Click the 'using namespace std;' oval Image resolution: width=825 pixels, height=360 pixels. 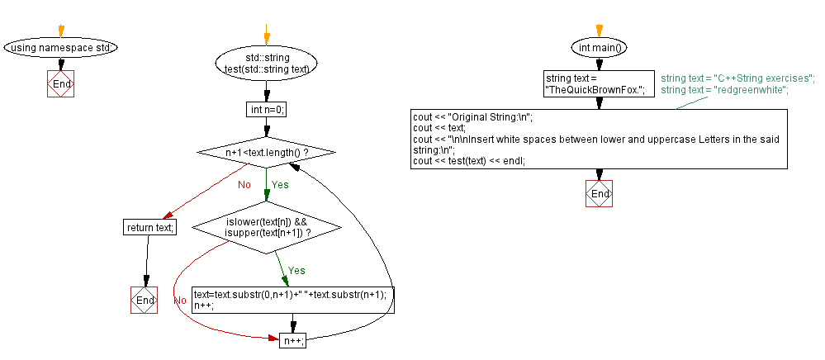tap(61, 47)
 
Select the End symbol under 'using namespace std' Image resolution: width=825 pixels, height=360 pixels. tap(61, 84)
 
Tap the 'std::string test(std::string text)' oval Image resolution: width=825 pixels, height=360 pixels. tap(266, 63)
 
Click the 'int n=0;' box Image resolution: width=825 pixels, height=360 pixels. tap(267, 109)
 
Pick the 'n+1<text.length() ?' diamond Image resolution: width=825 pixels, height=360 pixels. tap(267, 153)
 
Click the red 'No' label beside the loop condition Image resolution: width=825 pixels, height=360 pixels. tap(244, 184)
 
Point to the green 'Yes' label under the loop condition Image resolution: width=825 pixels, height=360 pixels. tap(280, 184)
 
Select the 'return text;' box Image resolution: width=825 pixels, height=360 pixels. tap(149, 227)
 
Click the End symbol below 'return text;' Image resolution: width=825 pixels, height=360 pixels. tap(145, 301)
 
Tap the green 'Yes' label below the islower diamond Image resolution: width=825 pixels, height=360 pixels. tap(296, 270)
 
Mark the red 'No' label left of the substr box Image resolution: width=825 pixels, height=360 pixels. tap(180, 300)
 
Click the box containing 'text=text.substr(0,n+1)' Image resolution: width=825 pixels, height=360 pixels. tap(293, 300)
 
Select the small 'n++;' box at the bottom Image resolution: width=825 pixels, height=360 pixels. tap(293, 339)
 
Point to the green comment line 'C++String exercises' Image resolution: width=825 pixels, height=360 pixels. tap(737, 78)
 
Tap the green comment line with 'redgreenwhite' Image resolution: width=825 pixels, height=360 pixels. tap(724, 89)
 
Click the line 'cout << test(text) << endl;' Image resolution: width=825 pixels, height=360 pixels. tap(469, 161)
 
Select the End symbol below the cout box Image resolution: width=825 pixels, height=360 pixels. tap(600, 193)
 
